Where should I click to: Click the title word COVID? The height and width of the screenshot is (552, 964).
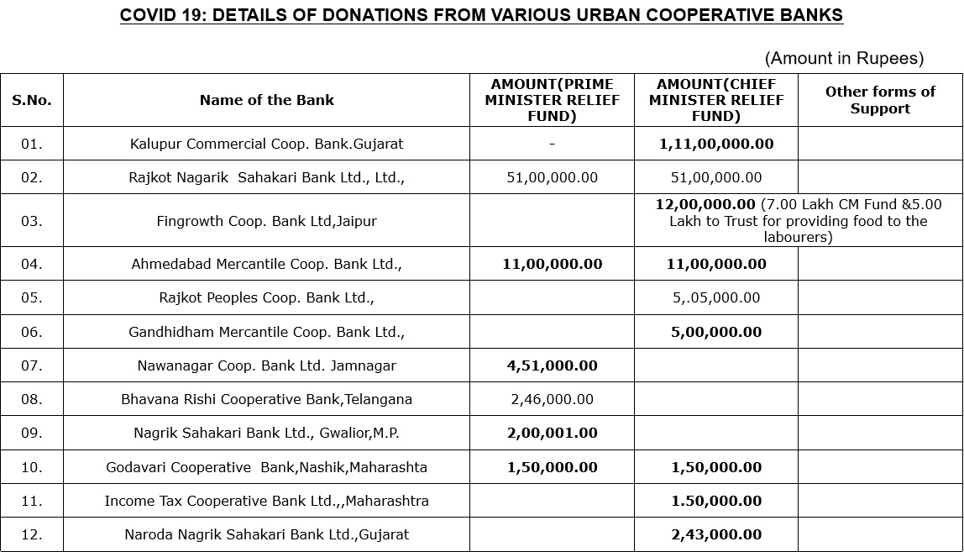pos(148,15)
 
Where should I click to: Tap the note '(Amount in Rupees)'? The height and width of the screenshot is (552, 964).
pos(844,58)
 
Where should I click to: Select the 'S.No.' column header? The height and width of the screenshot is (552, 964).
pos(32,100)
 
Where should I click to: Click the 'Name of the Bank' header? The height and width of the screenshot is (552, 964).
pos(266,100)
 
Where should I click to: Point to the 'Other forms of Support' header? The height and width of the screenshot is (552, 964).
pos(880,100)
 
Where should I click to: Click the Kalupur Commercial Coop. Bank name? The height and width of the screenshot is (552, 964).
pos(266,144)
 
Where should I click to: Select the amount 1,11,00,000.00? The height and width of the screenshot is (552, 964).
pos(716,144)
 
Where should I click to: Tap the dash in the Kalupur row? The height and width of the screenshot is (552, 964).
pos(552,144)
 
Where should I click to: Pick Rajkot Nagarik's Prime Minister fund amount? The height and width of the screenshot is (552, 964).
pos(552,177)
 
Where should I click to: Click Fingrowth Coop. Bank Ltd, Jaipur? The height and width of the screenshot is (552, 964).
pos(266,221)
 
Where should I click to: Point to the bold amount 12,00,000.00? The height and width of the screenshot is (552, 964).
pos(705,204)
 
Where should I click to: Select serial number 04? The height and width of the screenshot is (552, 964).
pos(32,264)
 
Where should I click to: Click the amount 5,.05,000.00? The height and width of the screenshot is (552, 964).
pos(716,297)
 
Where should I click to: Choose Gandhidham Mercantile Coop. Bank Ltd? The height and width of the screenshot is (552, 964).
pos(266,332)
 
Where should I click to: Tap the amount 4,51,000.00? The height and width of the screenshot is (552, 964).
pos(552,365)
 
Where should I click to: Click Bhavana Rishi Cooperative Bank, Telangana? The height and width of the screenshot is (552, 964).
pos(266,399)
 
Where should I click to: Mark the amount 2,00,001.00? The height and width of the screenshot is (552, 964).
pos(552,433)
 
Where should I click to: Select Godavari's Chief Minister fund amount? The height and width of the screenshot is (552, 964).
pos(716,467)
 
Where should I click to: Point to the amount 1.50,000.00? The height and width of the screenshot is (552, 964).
pos(716,501)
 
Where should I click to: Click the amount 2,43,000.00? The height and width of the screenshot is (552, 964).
pos(716,534)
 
